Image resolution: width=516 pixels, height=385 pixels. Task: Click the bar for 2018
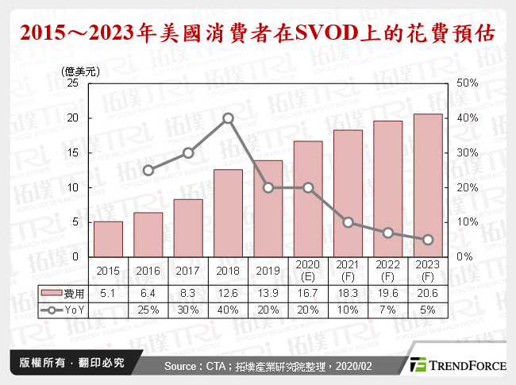pos(228,213)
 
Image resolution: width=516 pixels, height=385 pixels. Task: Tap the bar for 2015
pos(108,239)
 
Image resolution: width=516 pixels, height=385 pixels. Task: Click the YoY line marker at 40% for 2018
pos(228,118)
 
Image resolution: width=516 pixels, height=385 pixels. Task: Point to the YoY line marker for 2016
pos(148,170)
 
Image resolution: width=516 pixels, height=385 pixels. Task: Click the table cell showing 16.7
pos(308,293)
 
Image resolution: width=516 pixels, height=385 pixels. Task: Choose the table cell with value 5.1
pos(108,293)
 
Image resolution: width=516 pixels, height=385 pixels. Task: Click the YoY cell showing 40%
pos(228,308)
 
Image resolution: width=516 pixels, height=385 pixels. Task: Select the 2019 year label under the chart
pos(268,271)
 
